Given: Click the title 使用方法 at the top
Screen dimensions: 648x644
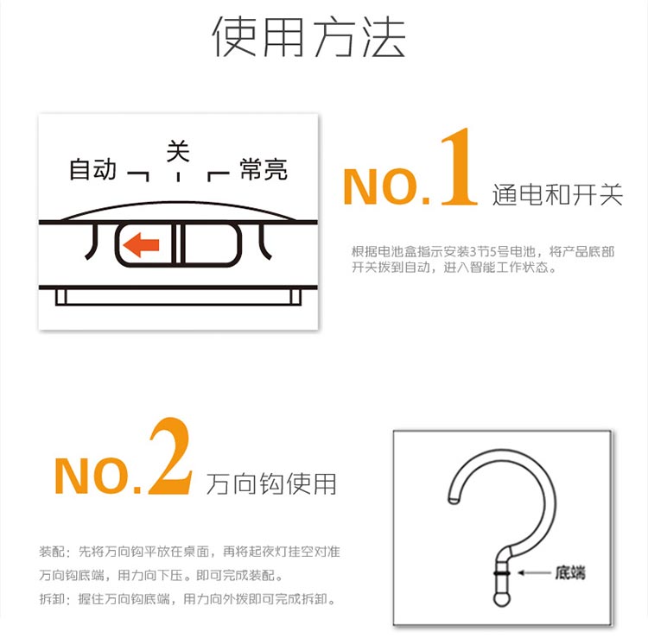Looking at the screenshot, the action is point(309,36).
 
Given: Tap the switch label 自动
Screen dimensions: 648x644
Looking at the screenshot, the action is point(92,169).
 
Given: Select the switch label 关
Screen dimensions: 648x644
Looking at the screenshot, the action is point(178,151).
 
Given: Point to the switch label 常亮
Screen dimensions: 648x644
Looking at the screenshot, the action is point(264,169).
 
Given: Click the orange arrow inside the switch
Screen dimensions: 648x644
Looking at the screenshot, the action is point(141,245).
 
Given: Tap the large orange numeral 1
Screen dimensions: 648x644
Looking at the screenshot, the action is point(459,167).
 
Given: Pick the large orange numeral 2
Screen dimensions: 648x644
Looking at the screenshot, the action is point(171,456).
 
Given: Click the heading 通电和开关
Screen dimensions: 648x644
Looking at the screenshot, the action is point(557,194).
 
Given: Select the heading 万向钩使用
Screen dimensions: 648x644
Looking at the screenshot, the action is point(271,483).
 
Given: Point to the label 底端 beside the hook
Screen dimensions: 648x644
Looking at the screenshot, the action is point(570,573).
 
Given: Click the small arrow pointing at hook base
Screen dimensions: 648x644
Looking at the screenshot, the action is point(534,573).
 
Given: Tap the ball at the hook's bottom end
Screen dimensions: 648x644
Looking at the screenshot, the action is point(502,599).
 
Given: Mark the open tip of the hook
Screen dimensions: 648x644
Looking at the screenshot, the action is point(454,501).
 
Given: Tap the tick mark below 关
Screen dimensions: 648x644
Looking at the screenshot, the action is point(178,177).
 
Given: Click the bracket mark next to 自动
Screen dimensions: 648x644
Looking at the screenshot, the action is point(138,176).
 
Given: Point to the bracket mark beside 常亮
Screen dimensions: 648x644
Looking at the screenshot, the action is point(219,176).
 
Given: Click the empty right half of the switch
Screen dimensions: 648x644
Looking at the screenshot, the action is point(211,244).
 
